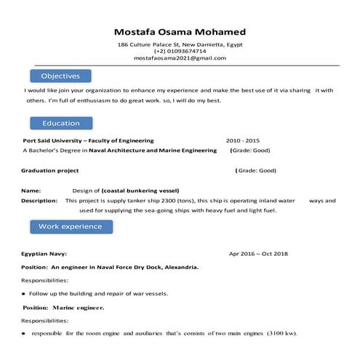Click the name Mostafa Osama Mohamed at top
[x=180, y=32]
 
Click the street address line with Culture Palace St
[x=180, y=44]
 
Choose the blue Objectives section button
[x=60, y=76]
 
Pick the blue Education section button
[x=60, y=123]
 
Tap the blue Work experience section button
[x=70, y=226]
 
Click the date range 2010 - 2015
[x=242, y=140]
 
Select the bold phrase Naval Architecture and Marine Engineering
[x=153, y=150]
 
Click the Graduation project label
[x=49, y=170]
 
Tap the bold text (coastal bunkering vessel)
[x=140, y=190]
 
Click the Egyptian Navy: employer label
[x=44, y=254]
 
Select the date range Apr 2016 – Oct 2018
[x=258, y=254]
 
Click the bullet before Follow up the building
[x=24, y=294]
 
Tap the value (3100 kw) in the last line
[x=281, y=333]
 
